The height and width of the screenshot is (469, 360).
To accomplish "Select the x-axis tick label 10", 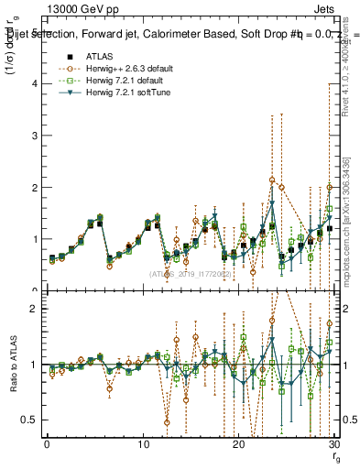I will (143, 444).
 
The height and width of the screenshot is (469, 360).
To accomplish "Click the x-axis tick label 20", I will (238, 444).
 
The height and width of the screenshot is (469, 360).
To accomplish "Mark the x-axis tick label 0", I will (47, 444).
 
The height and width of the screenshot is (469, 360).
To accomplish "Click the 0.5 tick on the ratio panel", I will (29, 420).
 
